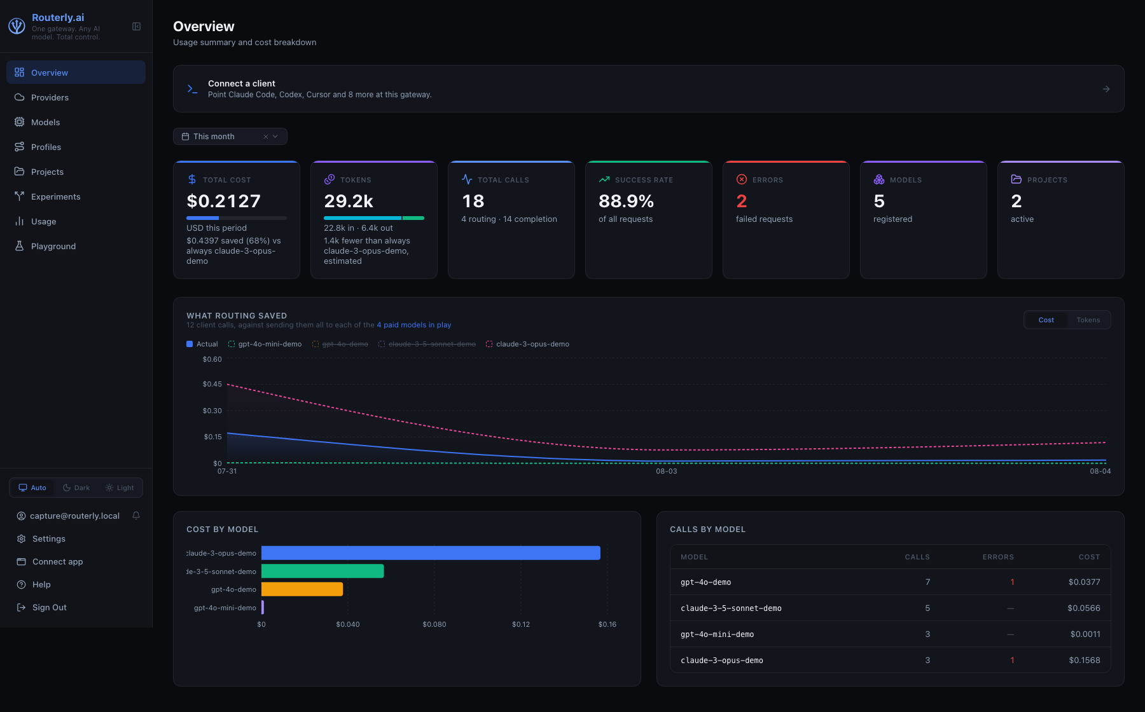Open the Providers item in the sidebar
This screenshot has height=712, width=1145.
[x=50, y=97]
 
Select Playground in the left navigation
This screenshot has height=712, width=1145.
[x=53, y=246]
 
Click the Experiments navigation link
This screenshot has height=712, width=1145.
[x=56, y=196]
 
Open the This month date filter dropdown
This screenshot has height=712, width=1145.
[x=230, y=136]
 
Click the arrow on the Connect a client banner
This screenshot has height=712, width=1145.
[x=1106, y=89]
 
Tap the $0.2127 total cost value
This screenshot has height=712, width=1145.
[x=223, y=201]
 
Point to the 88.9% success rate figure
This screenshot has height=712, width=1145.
[x=626, y=201]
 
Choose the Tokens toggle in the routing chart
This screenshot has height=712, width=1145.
[x=1088, y=320]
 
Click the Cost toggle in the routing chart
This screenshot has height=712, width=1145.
[x=1046, y=320]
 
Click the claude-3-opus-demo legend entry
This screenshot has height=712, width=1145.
[x=527, y=344]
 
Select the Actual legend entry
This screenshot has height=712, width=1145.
[x=202, y=344]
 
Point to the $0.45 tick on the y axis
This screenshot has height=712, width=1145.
[x=212, y=384]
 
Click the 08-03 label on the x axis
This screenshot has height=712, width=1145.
[x=666, y=471]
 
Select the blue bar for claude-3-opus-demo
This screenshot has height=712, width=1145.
[x=431, y=553]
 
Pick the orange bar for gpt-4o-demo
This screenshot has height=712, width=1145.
[x=302, y=589]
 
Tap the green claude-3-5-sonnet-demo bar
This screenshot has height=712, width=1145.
[x=323, y=571]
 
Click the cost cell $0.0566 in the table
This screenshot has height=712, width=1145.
[x=1083, y=608]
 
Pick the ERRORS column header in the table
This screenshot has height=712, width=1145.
[x=998, y=557]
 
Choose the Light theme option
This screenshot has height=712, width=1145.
[x=120, y=488]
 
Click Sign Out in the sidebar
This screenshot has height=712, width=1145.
[x=49, y=607]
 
